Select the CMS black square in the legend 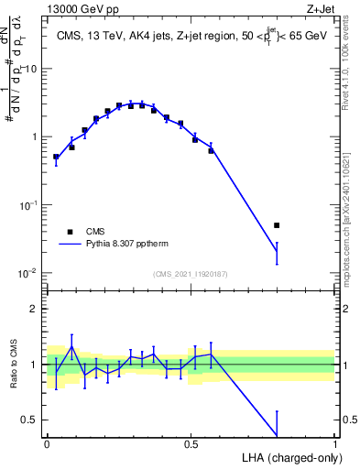[x=70, y=232]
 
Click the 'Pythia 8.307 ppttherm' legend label [x=131, y=245]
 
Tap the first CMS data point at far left [x=56, y=157]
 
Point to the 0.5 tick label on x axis [x=191, y=444]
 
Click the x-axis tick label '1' [x=335, y=444]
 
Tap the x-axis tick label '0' [x=47, y=444]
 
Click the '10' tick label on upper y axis [x=31, y=70]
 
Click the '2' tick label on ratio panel [x=37, y=309]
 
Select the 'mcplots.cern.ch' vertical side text [x=351, y=229]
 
